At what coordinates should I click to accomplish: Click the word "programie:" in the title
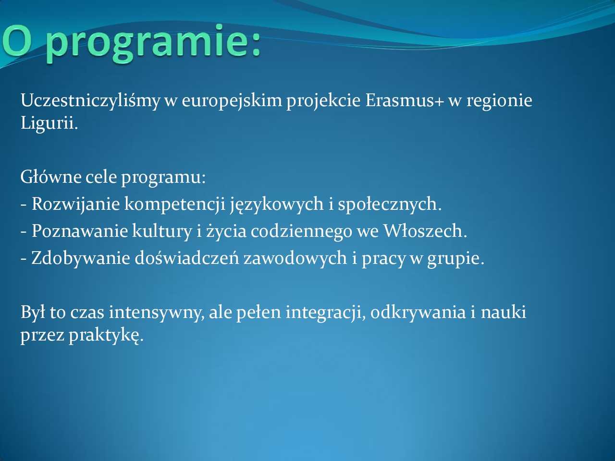point(153,43)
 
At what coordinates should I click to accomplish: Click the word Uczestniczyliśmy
point(90,101)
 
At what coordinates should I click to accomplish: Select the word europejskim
point(232,101)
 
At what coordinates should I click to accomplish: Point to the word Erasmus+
point(405,100)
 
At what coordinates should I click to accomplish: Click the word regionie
point(499,101)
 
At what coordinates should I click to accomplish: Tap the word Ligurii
point(49,123)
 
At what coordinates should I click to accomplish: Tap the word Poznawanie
point(80,231)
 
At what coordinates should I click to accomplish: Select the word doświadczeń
point(187,258)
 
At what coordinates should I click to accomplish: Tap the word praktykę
point(106,335)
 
